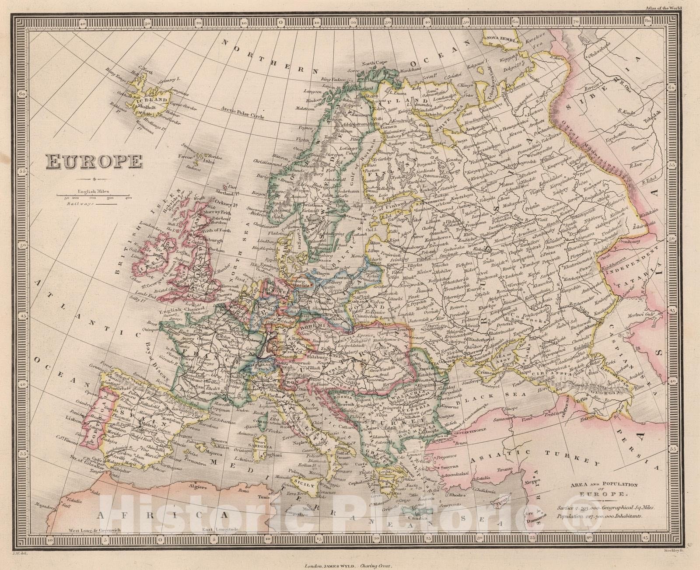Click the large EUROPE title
pyautogui.click(x=94, y=162)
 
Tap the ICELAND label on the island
pyautogui.click(x=152, y=100)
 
